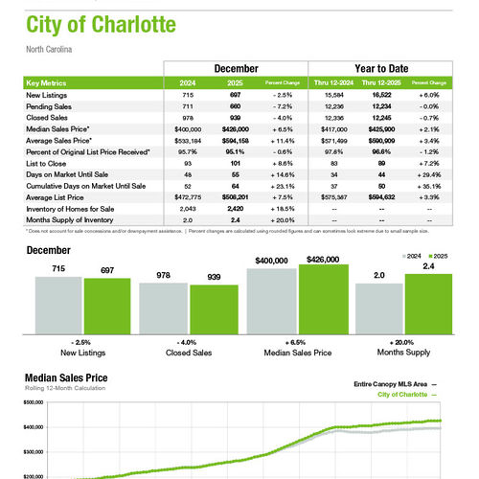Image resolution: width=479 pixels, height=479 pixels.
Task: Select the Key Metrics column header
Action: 49,83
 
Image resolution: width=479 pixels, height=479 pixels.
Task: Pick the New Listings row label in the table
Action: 45,95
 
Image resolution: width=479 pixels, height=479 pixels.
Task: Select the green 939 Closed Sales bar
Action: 207,310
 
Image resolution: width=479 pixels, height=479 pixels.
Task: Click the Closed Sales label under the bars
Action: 187,353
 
